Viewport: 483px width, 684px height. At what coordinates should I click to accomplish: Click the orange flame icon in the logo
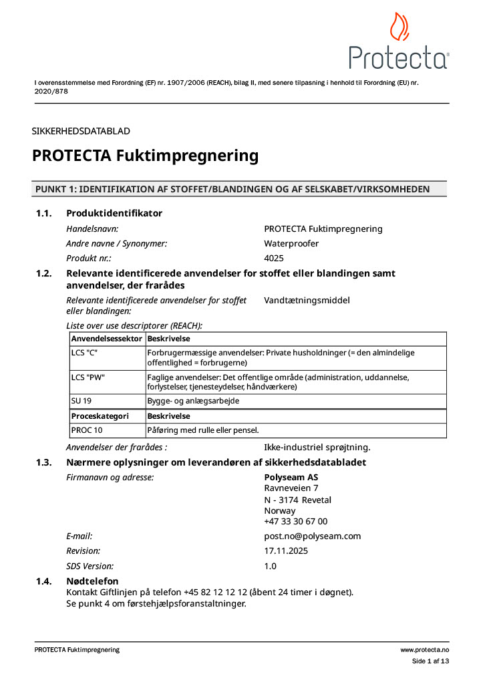pos(399,27)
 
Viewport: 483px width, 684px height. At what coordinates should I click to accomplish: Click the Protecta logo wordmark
pos(399,58)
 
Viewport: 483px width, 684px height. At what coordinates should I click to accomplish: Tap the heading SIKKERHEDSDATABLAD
pos(81,131)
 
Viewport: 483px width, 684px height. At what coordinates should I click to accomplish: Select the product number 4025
pos(275,258)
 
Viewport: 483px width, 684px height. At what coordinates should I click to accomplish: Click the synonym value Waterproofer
pos(291,243)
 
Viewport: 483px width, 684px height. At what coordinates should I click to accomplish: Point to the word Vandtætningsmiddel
pos(307,301)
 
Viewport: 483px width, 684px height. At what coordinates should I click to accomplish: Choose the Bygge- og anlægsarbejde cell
pos(193,401)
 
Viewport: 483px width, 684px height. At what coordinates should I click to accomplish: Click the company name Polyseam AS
pos(291,478)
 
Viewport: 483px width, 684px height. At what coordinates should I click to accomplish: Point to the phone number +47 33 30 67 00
pos(296,522)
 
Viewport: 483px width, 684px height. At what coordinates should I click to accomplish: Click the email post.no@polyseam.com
pos(313,536)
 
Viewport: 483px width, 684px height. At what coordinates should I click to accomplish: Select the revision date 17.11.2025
pos(287,551)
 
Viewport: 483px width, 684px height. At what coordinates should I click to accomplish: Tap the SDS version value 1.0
pos(271,566)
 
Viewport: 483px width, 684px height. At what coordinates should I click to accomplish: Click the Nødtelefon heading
pos(92,581)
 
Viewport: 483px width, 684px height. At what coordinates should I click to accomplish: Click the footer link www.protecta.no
pos(424,650)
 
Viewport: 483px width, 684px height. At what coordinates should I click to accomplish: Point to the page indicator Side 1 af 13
pos(430,661)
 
